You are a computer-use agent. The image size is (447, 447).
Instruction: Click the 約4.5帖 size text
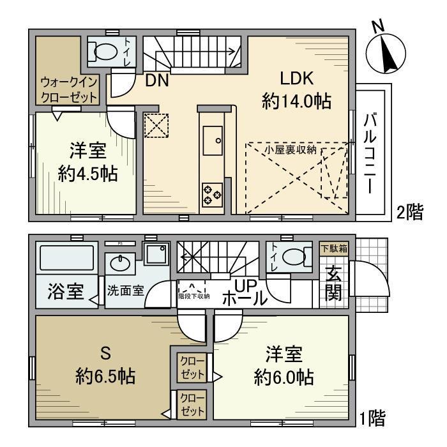point(87,174)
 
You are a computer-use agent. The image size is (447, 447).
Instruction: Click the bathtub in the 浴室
point(67,259)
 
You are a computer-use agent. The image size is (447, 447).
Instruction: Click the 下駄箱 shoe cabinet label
point(333,248)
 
